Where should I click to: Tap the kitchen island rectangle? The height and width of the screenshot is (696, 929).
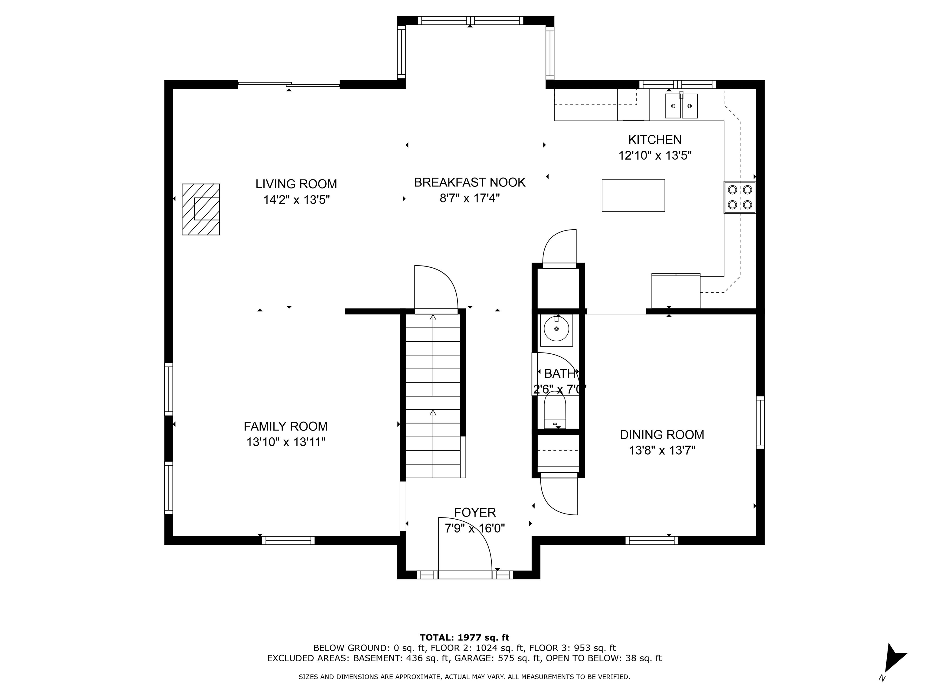[633, 195]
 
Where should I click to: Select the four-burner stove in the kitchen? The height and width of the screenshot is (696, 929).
[740, 197]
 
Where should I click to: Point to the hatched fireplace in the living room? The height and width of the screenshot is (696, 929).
[200, 209]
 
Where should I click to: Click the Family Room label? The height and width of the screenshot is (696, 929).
[285, 426]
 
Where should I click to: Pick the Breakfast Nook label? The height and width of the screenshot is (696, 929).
[470, 182]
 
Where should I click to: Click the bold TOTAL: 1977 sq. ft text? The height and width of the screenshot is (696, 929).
[464, 638]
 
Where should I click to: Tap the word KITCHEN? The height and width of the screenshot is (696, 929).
[655, 139]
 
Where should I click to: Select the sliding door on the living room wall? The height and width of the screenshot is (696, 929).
[288, 84]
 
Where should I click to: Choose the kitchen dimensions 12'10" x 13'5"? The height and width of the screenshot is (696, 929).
[655, 156]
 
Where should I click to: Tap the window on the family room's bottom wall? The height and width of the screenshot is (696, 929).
[288, 540]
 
